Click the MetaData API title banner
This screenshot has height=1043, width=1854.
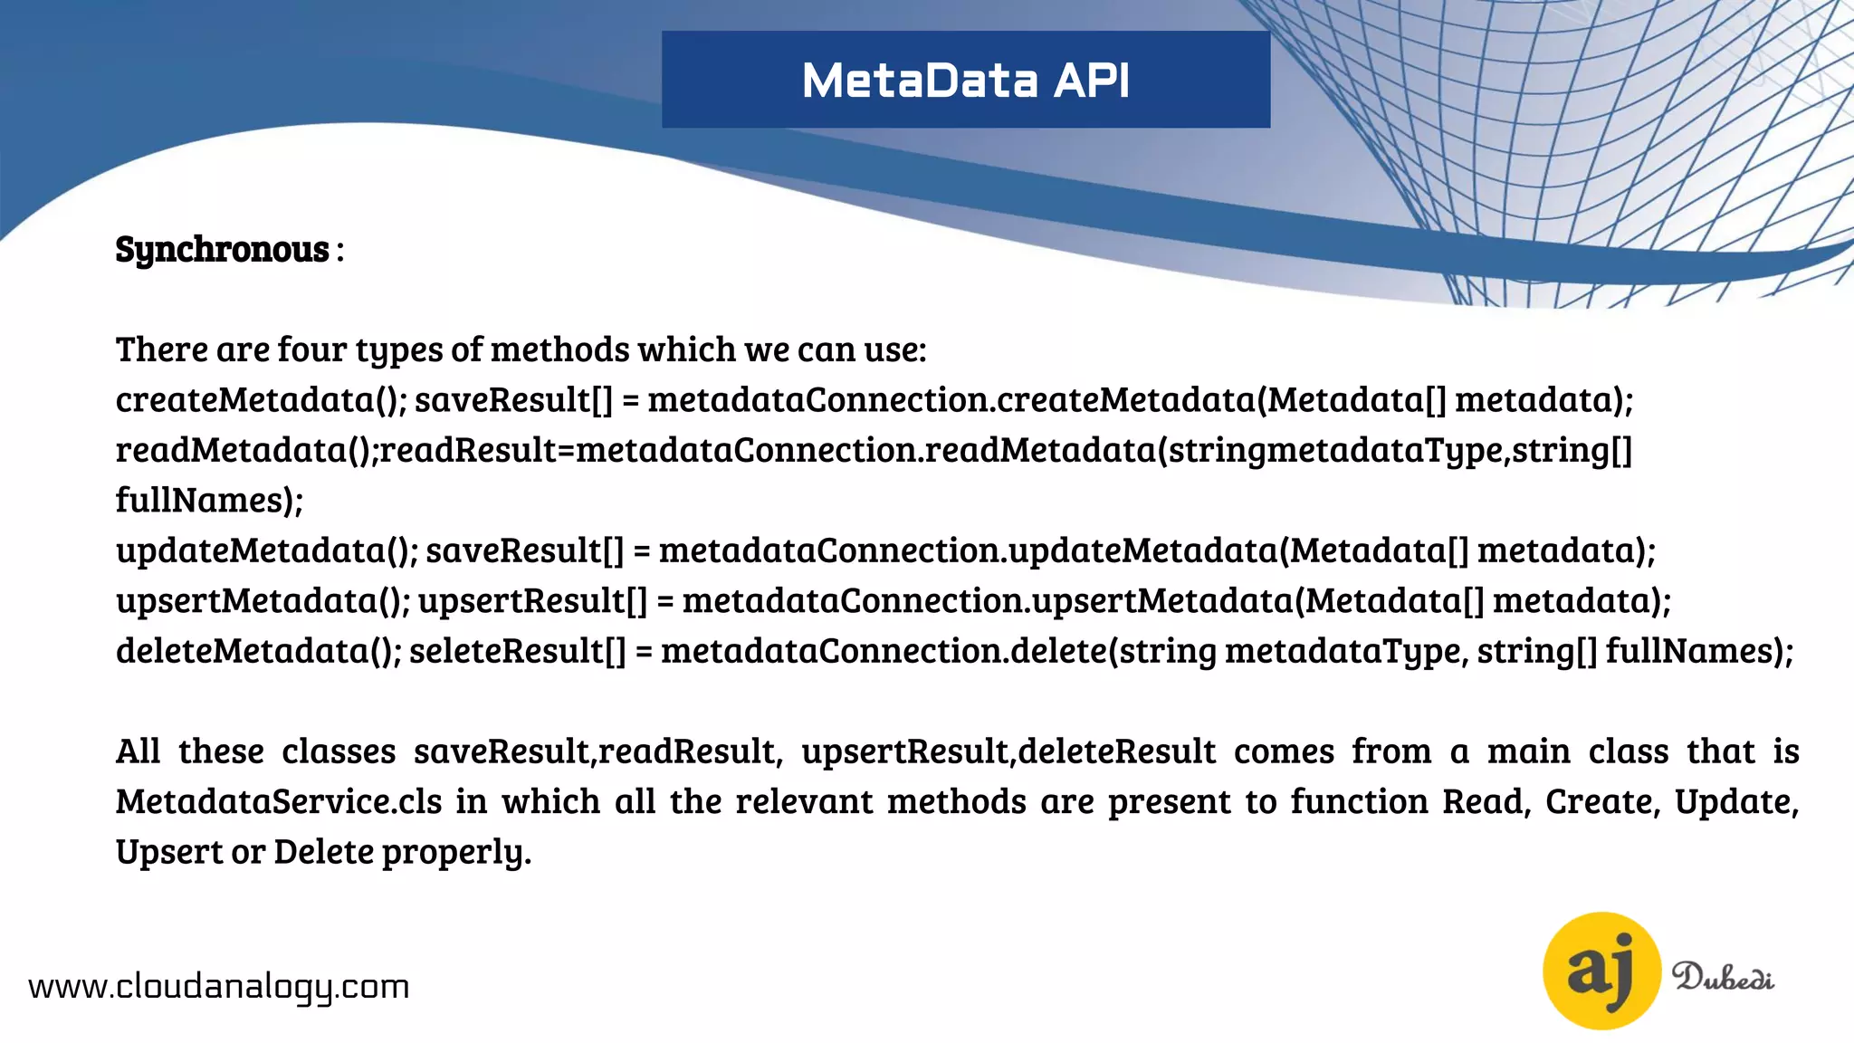(966, 80)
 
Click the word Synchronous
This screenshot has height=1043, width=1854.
(222, 249)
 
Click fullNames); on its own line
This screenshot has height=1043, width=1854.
(209, 500)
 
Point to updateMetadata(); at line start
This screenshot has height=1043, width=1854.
(266, 550)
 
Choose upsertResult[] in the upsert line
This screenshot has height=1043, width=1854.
(532, 601)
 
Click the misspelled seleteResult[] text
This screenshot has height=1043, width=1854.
(517, 651)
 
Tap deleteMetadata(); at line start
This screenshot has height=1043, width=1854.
(258, 651)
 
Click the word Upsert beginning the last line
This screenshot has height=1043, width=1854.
(168, 852)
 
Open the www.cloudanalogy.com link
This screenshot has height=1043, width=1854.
(219, 986)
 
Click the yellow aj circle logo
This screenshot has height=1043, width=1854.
(1601, 971)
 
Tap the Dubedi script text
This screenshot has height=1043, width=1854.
(1723, 978)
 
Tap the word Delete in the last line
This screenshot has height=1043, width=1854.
(323, 852)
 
